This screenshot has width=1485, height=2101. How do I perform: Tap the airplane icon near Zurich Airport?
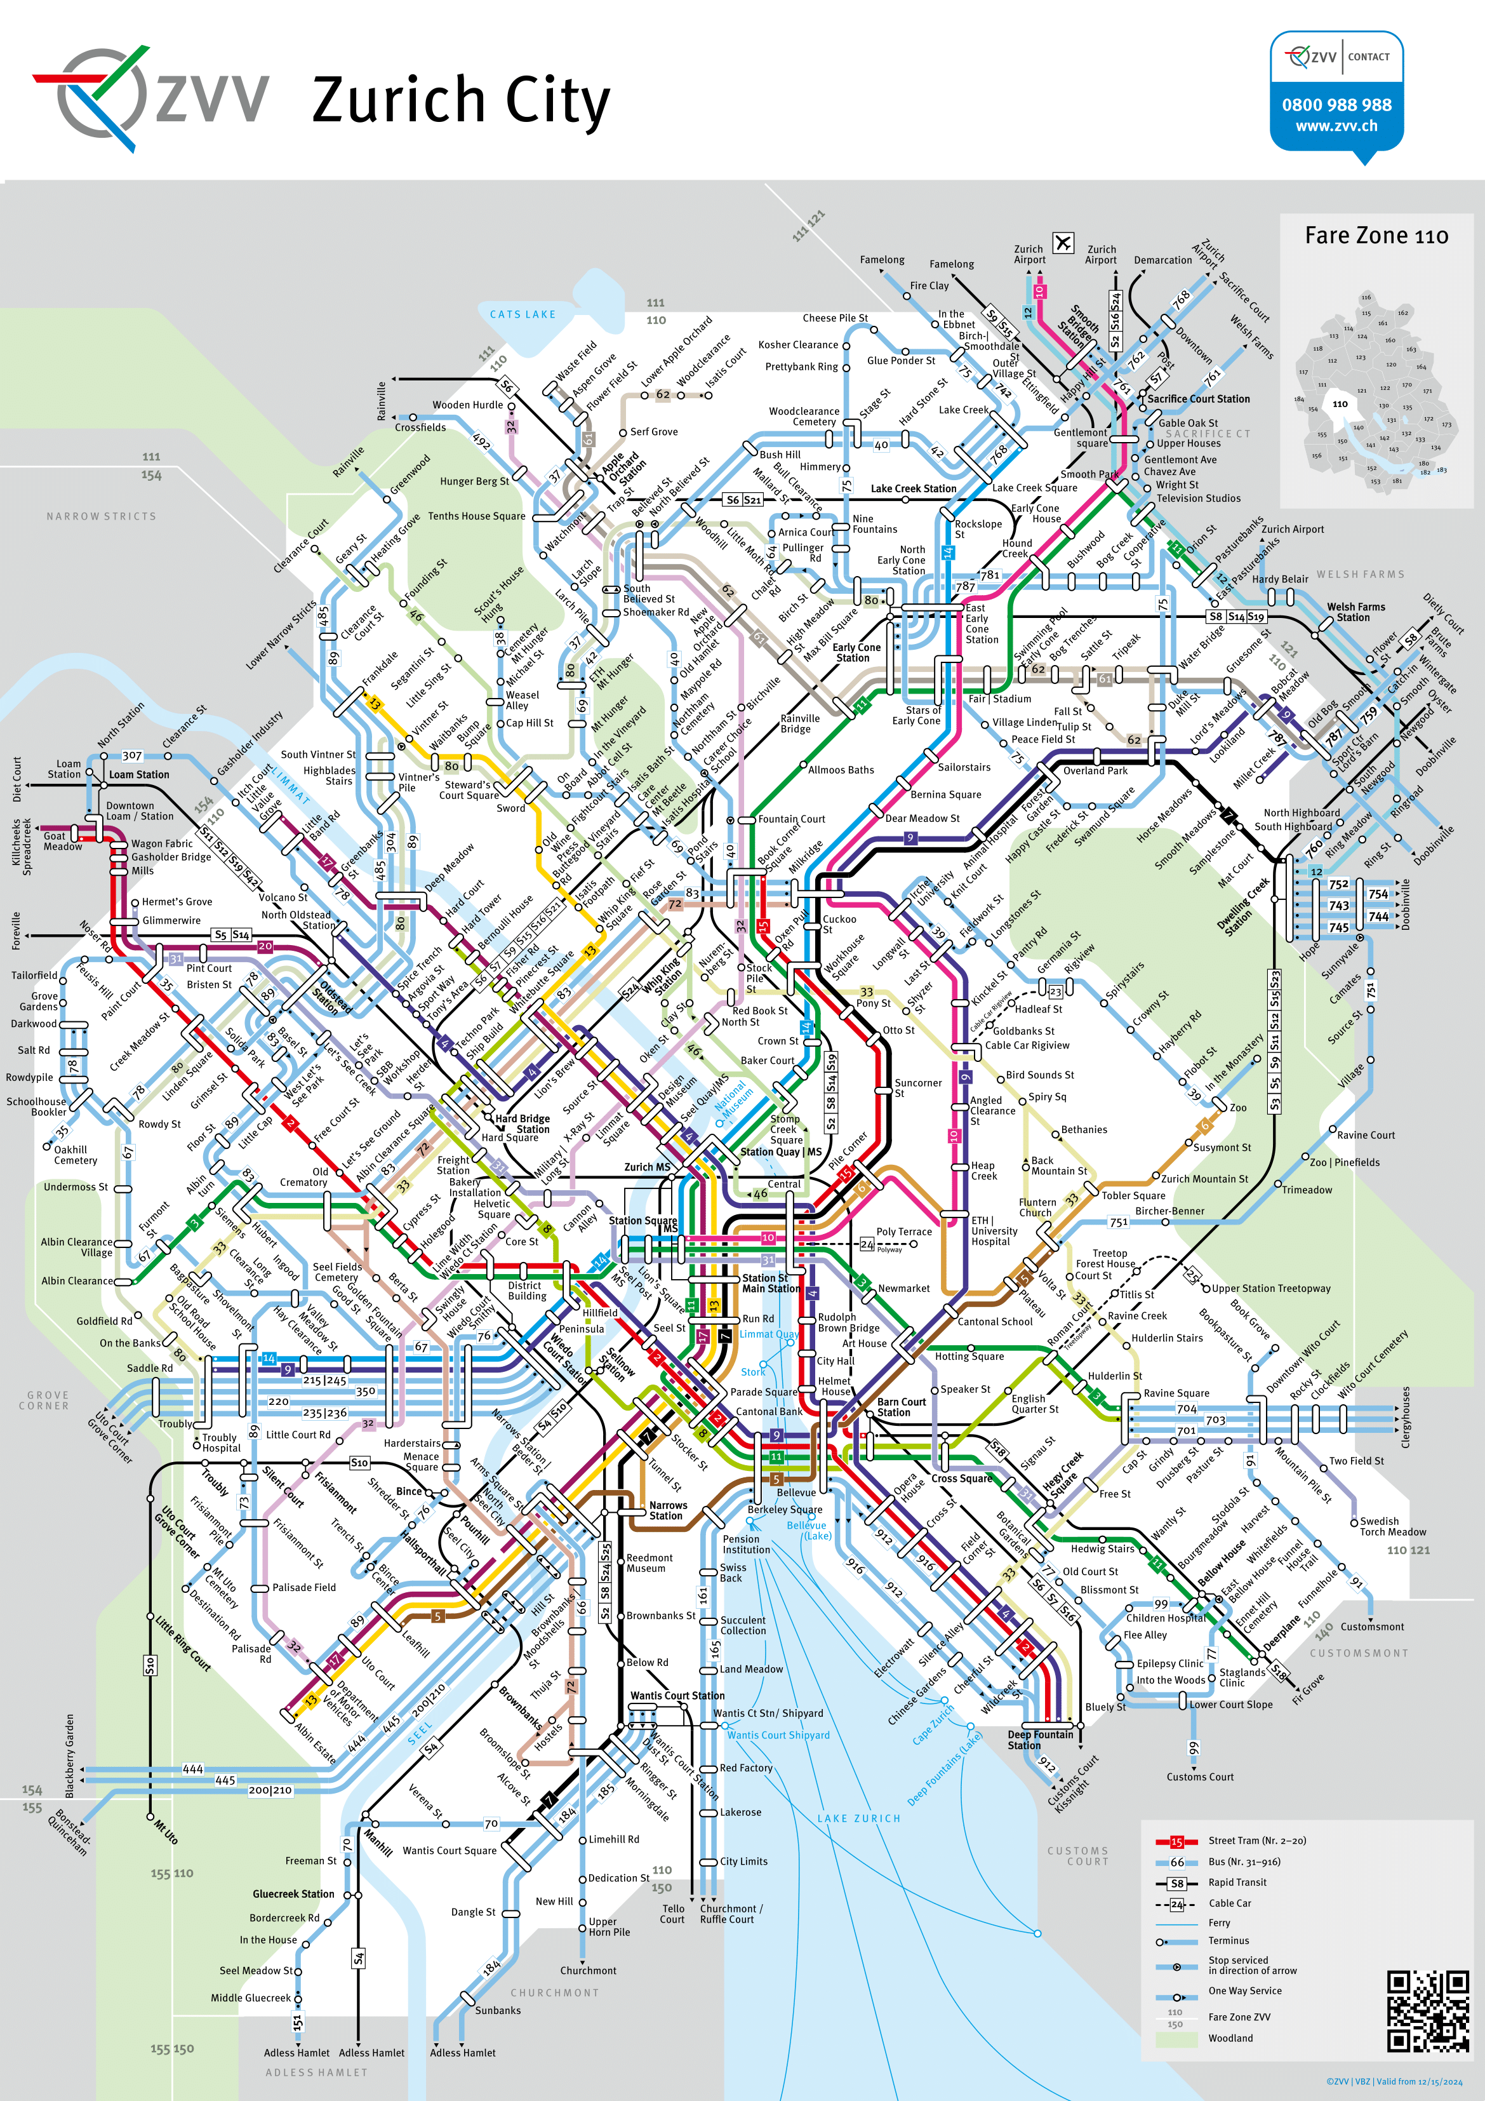(1062, 243)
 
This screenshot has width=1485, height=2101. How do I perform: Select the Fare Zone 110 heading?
(1376, 236)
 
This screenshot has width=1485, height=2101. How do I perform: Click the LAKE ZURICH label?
(858, 1818)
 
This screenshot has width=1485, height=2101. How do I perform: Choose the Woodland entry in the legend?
(1230, 2038)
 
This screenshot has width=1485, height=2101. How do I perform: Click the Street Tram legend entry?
(1244, 1840)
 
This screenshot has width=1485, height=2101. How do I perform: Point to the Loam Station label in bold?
(138, 774)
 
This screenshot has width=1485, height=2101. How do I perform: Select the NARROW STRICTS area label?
(101, 516)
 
